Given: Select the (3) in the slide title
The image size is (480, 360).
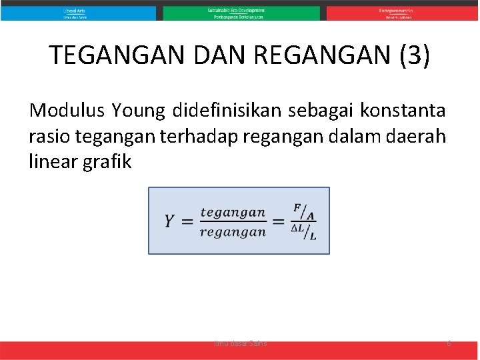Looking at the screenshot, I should click(x=414, y=56).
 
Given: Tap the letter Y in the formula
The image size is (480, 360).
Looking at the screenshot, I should click(x=171, y=221).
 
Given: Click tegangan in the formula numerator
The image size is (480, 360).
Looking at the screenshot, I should click(x=233, y=212).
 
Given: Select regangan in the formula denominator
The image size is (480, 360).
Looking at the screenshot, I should click(x=233, y=232).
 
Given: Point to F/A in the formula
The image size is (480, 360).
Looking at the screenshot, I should click(x=304, y=212).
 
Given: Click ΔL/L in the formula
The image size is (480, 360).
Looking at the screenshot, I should click(x=304, y=231).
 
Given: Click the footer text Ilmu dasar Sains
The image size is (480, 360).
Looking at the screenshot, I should click(x=240, y=343).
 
